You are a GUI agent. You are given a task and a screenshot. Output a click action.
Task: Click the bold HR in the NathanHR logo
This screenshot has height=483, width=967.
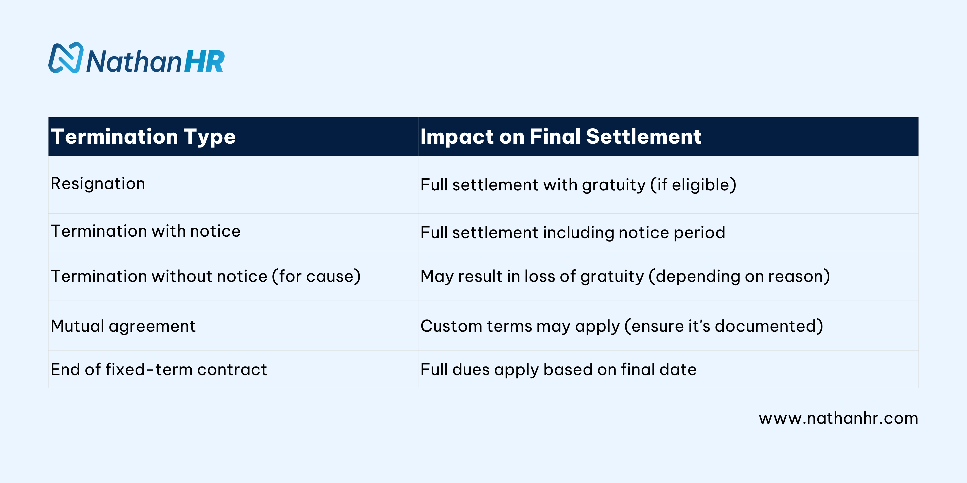[x=204, y=61]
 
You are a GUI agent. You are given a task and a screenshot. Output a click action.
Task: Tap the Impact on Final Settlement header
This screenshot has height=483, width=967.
[x=561, y=136]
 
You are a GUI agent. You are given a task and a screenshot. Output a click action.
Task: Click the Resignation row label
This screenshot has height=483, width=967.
[x=98, y=184]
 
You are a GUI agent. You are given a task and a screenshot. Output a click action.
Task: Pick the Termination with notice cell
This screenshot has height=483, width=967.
[x=146, y=231]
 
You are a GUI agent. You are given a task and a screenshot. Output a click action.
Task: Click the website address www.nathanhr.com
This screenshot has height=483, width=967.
[x=839, y=418]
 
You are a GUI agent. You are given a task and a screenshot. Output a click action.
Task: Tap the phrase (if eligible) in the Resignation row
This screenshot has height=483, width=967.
[x=693, y=185]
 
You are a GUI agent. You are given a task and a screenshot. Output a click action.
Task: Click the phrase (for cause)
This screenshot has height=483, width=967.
[x=316, y=276]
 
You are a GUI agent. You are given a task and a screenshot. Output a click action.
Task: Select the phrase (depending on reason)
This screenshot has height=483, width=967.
[x=739, y=276]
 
